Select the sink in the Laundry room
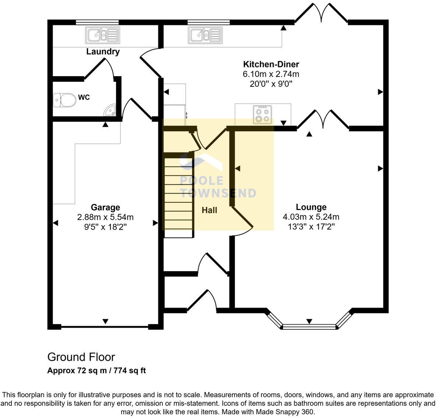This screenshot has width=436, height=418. pos(103,35)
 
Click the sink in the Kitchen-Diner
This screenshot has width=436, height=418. pos(205,35)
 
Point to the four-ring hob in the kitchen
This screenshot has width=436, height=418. pos(263,114)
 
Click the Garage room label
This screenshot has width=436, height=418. pos(105,208)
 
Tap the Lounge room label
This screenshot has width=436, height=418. pos(311,207)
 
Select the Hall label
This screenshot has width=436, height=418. pos(209,210)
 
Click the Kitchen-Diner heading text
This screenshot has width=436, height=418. pos(271,64)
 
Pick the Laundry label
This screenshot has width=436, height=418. pos(103,52)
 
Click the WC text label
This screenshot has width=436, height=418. pos(84,98)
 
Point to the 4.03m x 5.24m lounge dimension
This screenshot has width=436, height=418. pos(311,217)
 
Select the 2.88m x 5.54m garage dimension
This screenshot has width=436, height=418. pos(105,217)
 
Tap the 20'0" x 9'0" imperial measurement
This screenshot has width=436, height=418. pos(271,84)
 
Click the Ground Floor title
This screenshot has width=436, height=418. pos(81,357)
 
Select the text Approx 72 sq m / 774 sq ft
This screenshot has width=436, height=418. pos(96,371)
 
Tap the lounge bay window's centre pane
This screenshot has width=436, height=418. pos(309,326)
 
